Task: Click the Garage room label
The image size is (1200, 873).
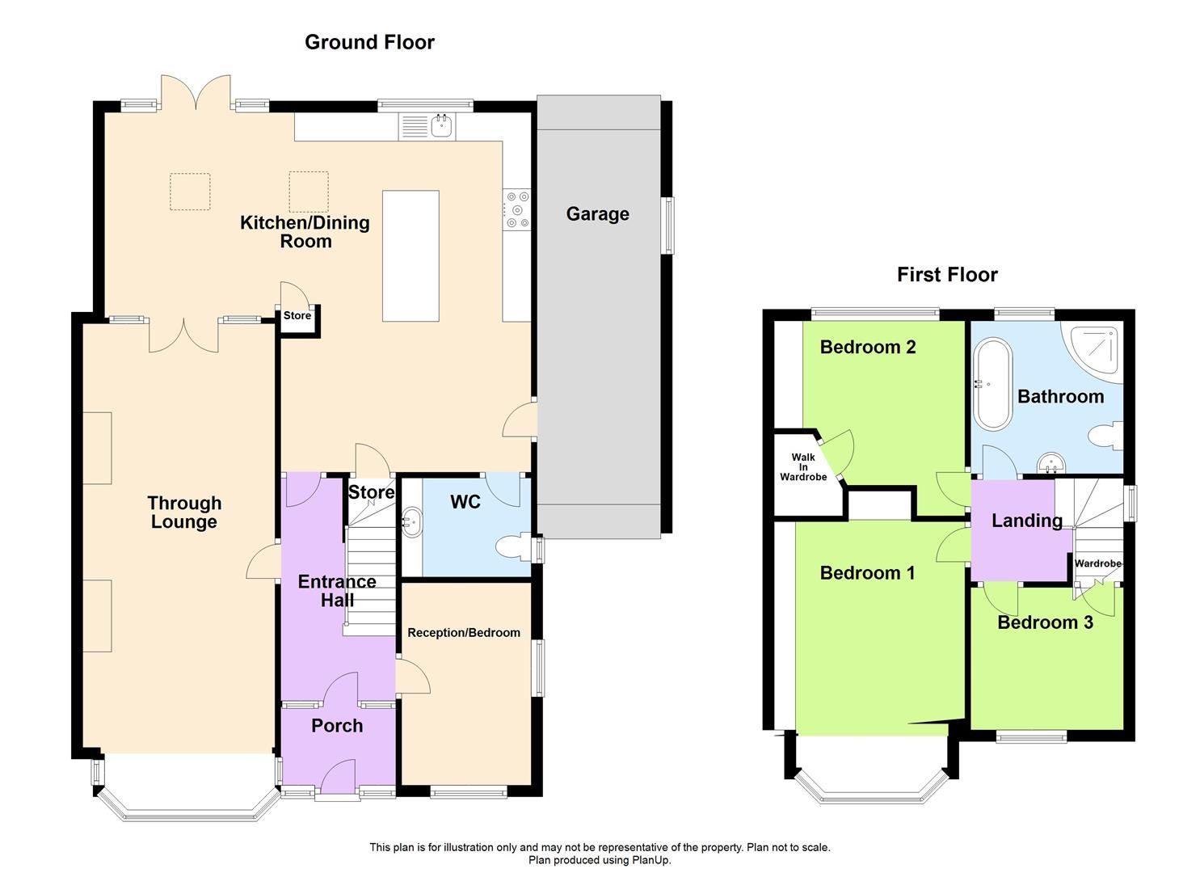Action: [x=597, y=214]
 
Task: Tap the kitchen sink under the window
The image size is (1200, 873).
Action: [x=441, y=126]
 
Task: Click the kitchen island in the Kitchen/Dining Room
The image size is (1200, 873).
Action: [x=411, y=255]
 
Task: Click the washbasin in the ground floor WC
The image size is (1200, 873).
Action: [x=412, y=521]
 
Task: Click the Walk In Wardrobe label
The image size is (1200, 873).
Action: [x=802, y=467]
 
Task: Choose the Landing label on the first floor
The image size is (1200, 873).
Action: [x=1026, y=521]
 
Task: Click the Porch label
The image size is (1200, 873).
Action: [x=337, y=726]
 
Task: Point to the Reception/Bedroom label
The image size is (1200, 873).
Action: [x=464, y=633]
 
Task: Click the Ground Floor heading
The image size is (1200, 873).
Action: [x=369, y=42]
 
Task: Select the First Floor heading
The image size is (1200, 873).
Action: [x=947, y=275]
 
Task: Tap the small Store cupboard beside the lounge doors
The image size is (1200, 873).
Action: [x=297, y=316]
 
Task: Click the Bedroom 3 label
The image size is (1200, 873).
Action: [x=1045, y=622]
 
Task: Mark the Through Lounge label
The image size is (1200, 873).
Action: [x=184, y=512]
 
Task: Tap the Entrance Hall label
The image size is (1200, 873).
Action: [x=337, y=591]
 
